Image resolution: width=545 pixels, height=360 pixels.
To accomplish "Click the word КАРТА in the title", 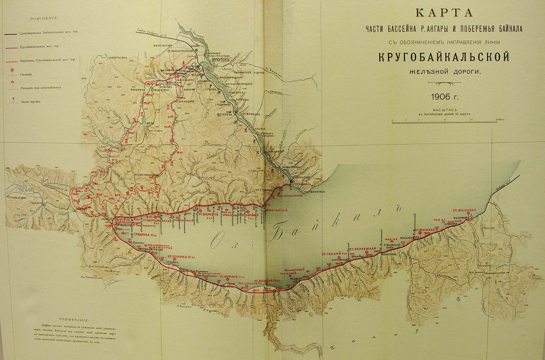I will click(x=444, y=12).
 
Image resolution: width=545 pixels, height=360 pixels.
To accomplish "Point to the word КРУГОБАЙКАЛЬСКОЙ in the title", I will click(x=444, y=58).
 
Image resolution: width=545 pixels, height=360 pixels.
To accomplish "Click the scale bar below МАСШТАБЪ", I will click(x=444, y=121).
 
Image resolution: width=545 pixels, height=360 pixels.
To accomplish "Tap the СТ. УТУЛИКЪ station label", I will click(x=183, y=257).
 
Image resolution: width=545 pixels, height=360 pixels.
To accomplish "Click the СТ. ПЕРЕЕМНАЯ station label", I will click(x=362, y=249).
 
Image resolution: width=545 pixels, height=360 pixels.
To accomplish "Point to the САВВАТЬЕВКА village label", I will click(x=111, y=58).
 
